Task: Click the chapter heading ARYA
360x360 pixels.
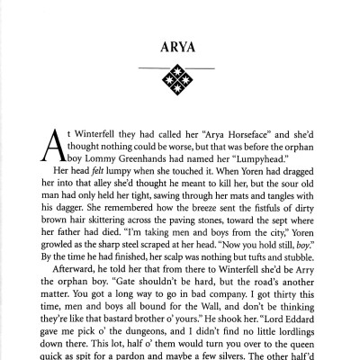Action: [x=180, y=44]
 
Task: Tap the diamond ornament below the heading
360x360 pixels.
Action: [x=180, y=84]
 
